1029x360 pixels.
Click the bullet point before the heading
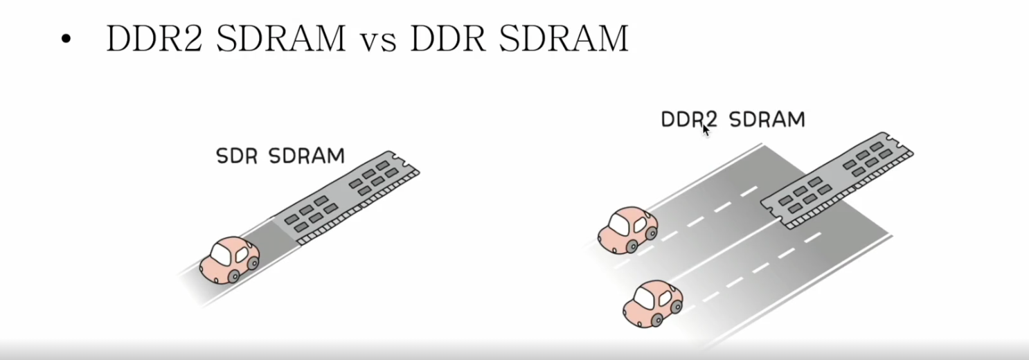(66, 40)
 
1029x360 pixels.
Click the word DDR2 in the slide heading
(156, 39)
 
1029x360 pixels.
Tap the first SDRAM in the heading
(280, 39)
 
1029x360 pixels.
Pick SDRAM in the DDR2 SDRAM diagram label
(767, 120)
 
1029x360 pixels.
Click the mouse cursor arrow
(706, 129)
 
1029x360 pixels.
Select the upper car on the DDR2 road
(627, 229)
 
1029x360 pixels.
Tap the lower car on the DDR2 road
(652, 303)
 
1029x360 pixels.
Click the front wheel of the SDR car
(233, 276)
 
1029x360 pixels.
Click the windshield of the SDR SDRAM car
(221, 254)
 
